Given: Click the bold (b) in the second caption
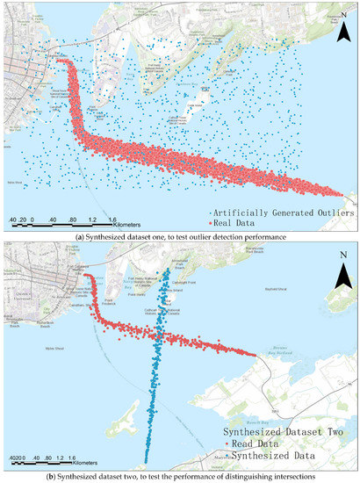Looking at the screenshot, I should [53, 476].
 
